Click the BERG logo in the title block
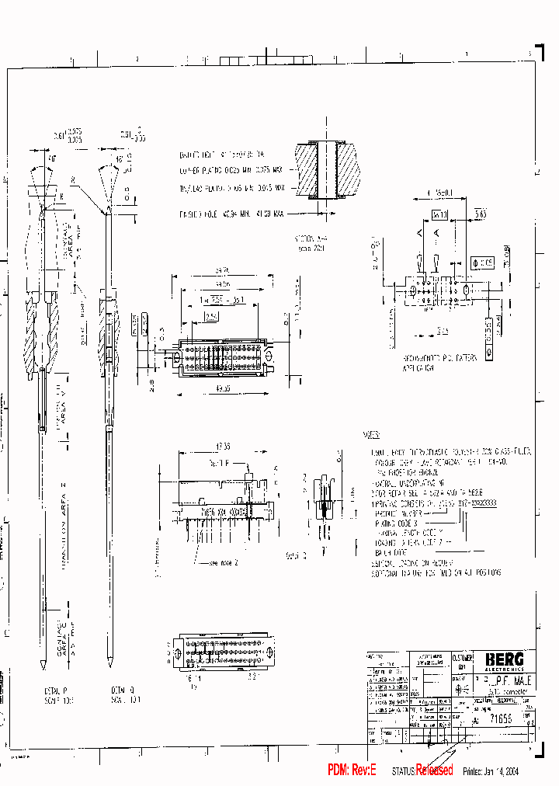pos(505,659)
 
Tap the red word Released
pos(435,770)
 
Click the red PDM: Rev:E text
pos(352,770)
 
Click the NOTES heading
pos(371,436)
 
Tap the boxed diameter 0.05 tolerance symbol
pos(483,263)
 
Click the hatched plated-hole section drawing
pos(335,170)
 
